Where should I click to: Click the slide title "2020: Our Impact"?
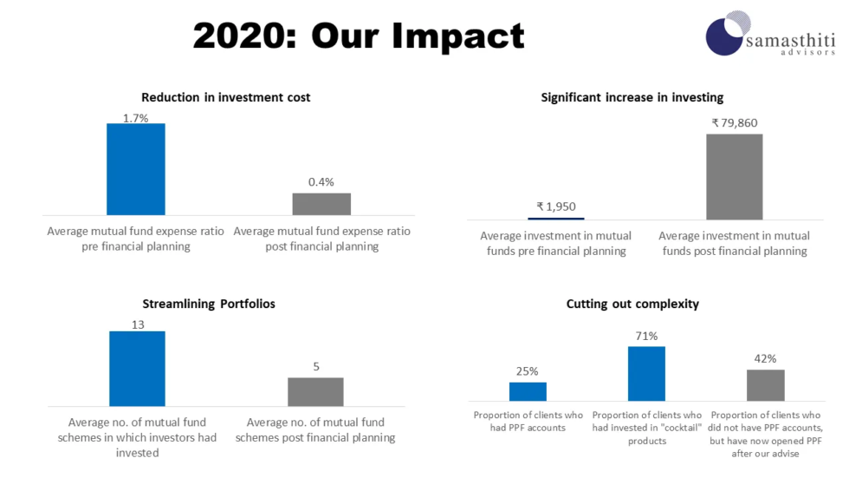click(x=358, y=36)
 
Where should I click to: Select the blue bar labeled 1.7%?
click(x=136, y=169)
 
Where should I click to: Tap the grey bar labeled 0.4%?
click(x=321, y=204)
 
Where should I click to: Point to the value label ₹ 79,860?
click(x=735, y=123)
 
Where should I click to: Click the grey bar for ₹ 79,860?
click(x=735, y=177)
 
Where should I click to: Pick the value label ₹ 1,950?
click(x=556, y=206)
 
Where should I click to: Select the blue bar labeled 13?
click(x=137, y=369)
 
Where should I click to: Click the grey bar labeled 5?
click(x=315, y=392)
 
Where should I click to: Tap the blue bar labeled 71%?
click(x=646, y=374)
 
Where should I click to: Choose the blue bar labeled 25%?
click(x=528, y=392)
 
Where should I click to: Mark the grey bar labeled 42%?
click(x=766, y=385)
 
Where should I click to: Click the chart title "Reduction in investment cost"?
click(x=226, y=97)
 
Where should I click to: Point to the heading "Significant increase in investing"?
click(x=632, y=97)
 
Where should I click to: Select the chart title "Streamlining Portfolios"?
click(x=209, y=304)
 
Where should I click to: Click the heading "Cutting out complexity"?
click(x=632, y=304)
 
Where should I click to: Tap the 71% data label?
click(x=646, y=336)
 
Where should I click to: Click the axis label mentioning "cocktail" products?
click(x=647, y=428)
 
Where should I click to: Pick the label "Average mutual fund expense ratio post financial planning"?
click(x=321, y=239)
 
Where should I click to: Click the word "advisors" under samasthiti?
click(x=807, y=53)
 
